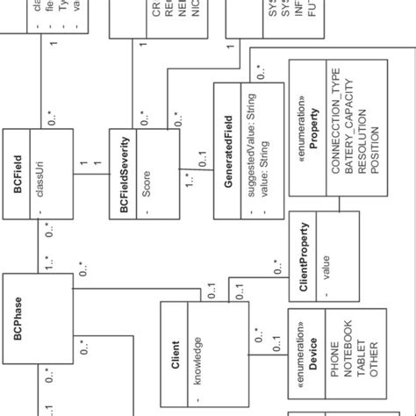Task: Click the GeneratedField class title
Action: click(x=227, y=152)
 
